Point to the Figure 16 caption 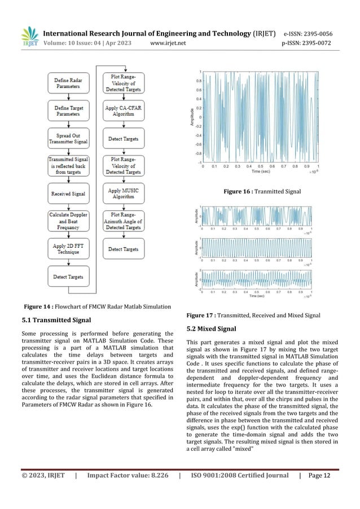pos(262,192)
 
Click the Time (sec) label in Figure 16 pos(261,172)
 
